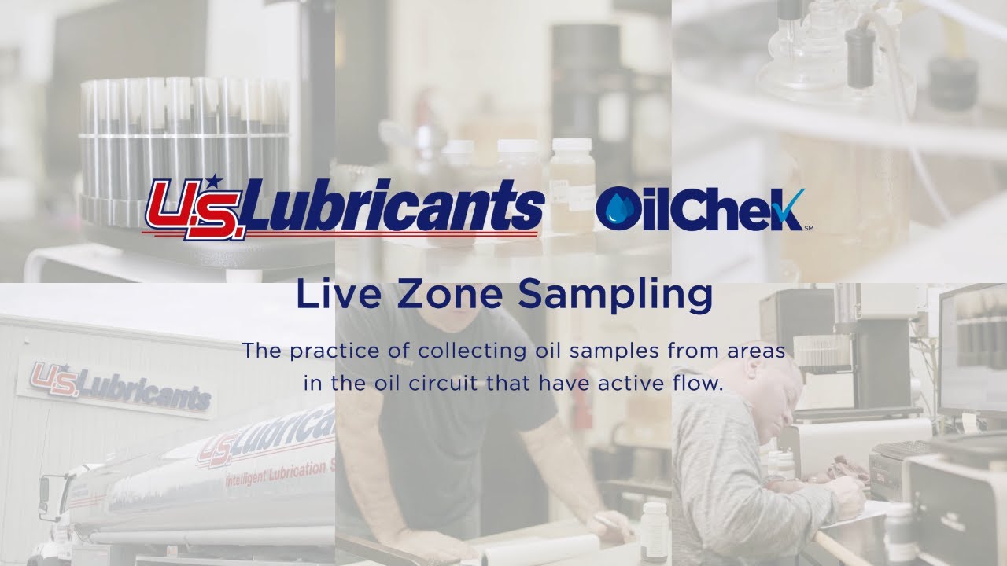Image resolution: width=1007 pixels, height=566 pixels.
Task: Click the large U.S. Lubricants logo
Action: click(343, 208)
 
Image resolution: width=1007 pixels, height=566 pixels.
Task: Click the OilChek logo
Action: click(700, 209)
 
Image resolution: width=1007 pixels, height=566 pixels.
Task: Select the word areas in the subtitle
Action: click(755, 351)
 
